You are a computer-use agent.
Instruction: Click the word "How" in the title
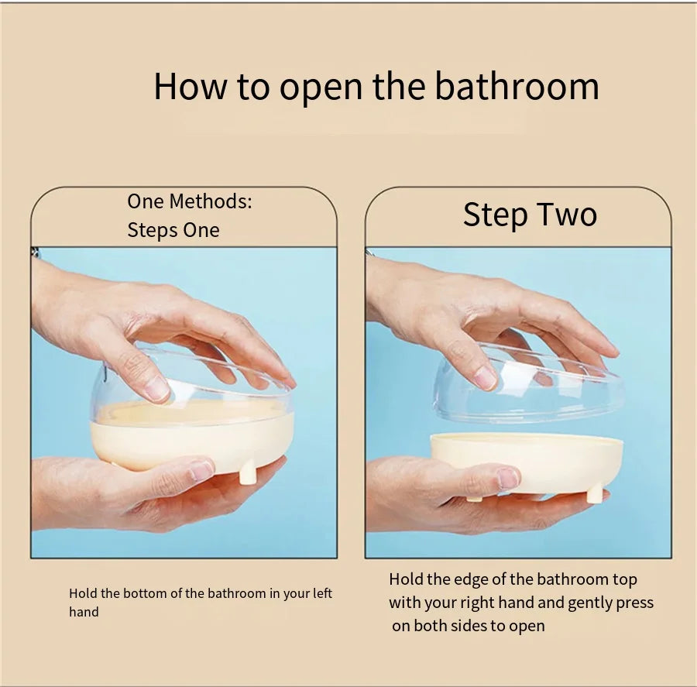click(191, 86)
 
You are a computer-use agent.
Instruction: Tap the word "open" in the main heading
click(321, 91)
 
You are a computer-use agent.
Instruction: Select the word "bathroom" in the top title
click(517, 86)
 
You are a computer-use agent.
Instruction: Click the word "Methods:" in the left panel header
click(211, 201)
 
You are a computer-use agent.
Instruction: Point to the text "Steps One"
click(173, 230)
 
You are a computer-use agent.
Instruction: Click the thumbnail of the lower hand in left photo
click(201, 469)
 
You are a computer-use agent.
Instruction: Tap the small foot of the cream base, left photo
click(247, 474)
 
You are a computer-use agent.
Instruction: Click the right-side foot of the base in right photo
click(594, 495)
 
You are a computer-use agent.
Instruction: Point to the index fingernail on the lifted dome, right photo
click(485, 378)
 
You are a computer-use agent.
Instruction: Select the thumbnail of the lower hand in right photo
click(508, 478)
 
